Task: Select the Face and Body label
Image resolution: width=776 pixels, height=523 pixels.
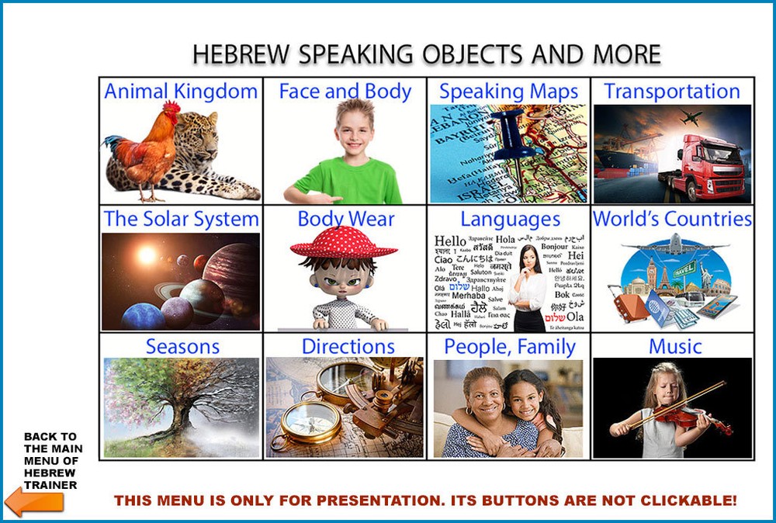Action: (x=345, y=92)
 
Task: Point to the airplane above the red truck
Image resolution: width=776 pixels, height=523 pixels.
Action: (x=690, y=118)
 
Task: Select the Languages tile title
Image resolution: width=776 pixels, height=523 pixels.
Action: (x=510, y=220)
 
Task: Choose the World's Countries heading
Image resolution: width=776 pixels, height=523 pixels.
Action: (x=672, y=220)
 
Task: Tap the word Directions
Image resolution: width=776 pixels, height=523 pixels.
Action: (x=348, y=346)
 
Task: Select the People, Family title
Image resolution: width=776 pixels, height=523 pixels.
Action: (x=510, y=347)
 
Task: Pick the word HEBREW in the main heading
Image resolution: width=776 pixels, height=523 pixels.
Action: (x=241, y=54)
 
